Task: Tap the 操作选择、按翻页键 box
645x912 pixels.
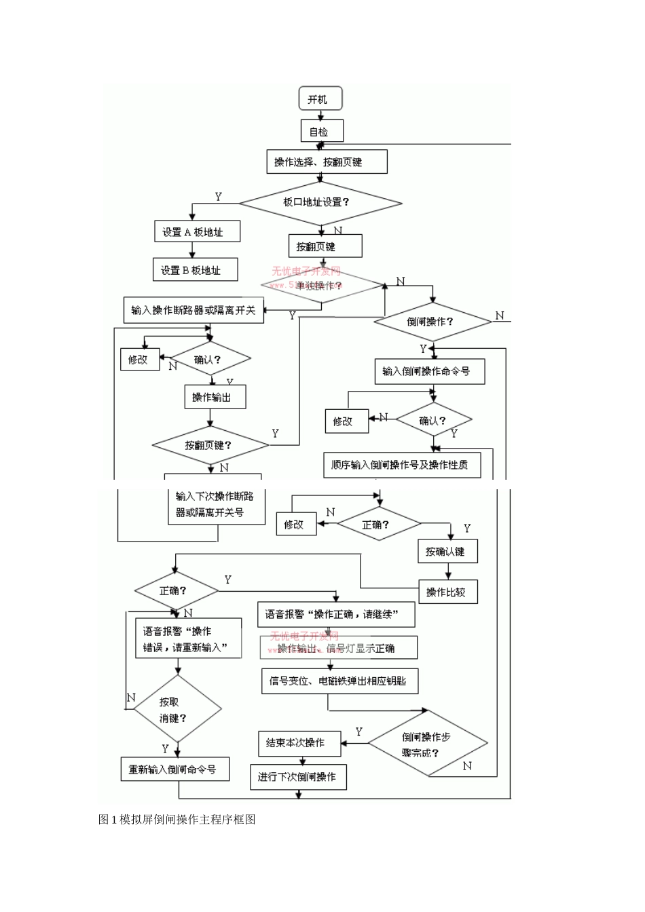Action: pyautogui.click(x=327, y=162)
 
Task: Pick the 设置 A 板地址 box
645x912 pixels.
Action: pyautogui.click(x=198, y=232)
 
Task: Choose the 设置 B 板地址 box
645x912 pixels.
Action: pyautogui.click(x=196, y=270)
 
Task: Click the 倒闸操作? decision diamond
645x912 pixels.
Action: pyautogui.click(x=432, y=321)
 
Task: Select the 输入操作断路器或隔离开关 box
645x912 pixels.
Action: pyautogui.click(x=194, y=310)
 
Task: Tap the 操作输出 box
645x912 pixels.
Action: pyautogui.click(x=215, y=397)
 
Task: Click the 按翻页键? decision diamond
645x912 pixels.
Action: pyautogui.click(x=210, y=445)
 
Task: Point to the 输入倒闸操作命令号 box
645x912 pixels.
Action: pyautogui.click(x=430, y=372)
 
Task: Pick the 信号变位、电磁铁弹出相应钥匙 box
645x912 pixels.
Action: pyautogui.click(x=339, y=681)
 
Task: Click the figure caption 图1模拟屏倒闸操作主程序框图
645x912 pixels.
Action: pyautogui.click(x=177, y=819)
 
